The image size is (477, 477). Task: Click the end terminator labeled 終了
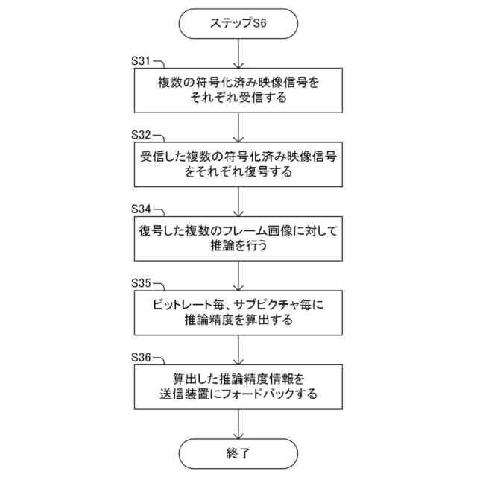pos(238,452)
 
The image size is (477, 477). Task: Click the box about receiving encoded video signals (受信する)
pos(238,89)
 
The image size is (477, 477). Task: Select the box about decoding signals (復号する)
pos(238,164)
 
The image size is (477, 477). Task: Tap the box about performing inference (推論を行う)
pos(238,238)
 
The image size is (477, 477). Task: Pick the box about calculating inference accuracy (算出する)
pos(238,312)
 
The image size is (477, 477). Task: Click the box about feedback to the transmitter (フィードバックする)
pos(238,385)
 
